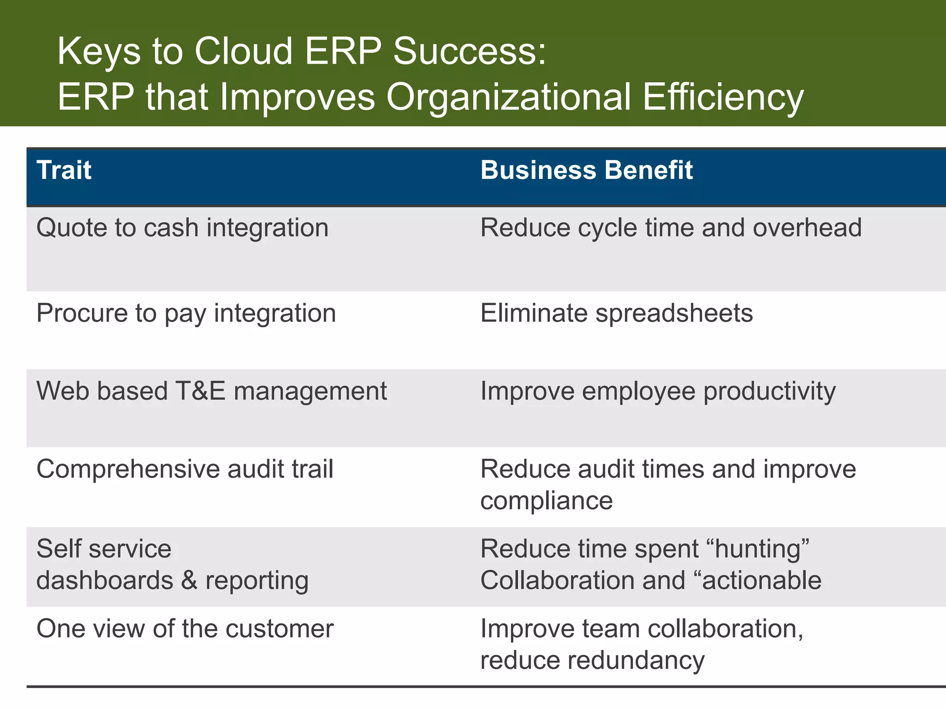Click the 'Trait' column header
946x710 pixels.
pos(64,170)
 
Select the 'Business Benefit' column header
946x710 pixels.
pos(586,170)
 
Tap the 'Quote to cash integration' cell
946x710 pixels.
pos(182,228)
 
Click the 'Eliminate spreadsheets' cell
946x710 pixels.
pos(616,313)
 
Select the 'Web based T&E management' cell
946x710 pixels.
pos(212,391)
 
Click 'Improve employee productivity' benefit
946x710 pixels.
pos(658,391)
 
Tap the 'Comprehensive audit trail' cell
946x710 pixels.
pos(185,469)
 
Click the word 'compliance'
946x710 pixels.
pos(546,501)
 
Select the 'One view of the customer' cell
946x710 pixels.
pos(185,629)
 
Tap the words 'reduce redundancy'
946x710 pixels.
pos(592,660)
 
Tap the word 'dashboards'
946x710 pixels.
pos(104,581)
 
